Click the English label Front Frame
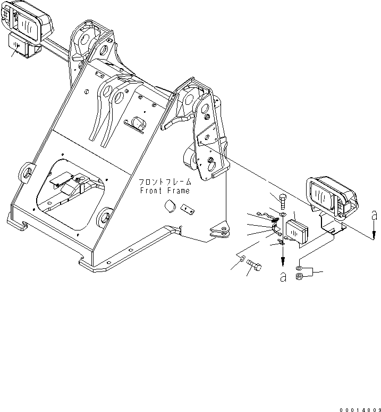pyautogui.click(x=165, y=191)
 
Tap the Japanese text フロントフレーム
pyautogui.click(x=165, y=182)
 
